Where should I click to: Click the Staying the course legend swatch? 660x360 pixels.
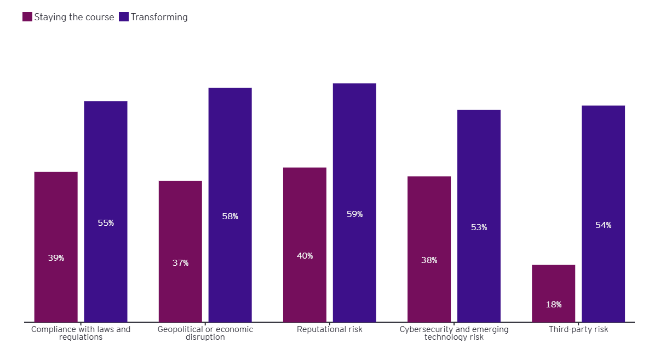[27, 17]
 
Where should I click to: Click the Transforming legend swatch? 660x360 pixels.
[124, 17]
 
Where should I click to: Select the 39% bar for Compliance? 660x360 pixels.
[56, 247]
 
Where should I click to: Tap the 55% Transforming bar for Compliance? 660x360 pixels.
[106, 211]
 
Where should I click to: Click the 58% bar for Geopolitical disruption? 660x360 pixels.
[230, 204]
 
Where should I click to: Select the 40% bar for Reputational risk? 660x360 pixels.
[305, 244]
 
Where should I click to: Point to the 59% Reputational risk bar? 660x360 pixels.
[354, 202]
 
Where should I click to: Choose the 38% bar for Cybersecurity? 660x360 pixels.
[429, 249]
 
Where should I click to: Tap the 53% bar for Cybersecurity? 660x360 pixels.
[479, 216]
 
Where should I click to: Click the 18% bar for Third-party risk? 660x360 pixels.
[553, 293]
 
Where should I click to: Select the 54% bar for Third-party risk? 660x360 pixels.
[603, 214]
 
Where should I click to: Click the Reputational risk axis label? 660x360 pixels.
[330, 329]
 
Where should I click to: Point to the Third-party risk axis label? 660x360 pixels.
[578, 329]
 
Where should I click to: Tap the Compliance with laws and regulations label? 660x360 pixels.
[81, 333]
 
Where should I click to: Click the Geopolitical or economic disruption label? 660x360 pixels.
[205, 333]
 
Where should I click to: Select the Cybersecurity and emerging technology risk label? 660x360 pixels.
[454, 333]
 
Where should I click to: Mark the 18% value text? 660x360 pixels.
[553, 305]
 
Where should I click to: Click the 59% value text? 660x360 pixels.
[354, 214]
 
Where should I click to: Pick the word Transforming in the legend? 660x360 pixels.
[159, 17]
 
